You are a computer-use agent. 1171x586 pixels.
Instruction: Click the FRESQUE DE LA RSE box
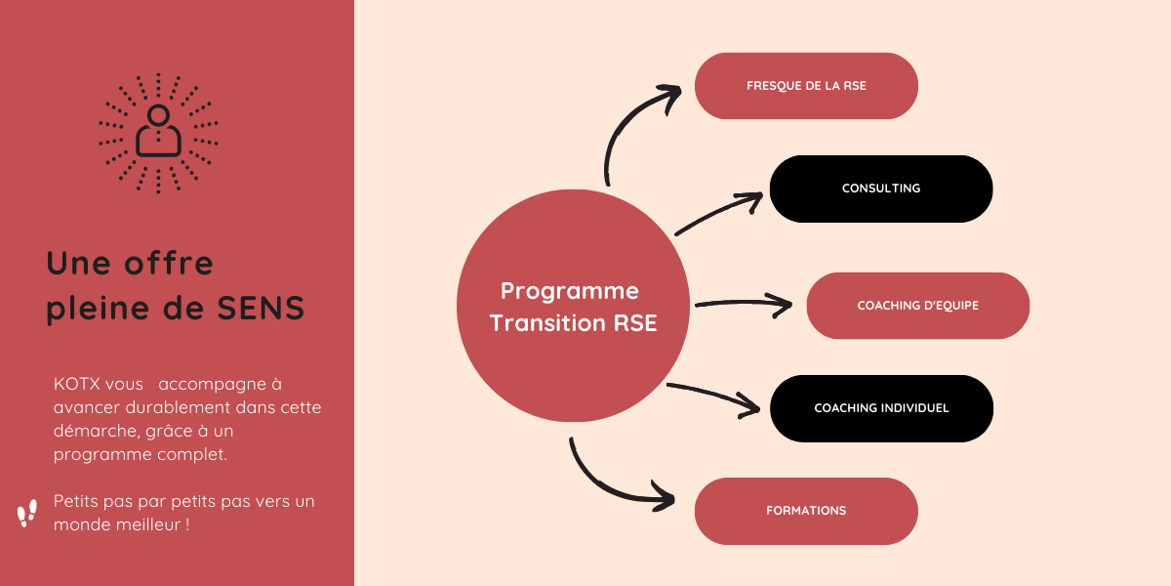coord(806,86)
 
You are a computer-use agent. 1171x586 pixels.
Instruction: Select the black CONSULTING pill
coord(881,188)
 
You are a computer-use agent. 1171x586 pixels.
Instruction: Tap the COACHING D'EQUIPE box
coord(918,306)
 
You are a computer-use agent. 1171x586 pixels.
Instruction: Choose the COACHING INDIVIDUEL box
coord(881,408)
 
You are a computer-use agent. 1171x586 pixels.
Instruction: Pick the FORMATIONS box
coord(806,511)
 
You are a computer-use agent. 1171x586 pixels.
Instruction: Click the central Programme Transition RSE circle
coord(574,306)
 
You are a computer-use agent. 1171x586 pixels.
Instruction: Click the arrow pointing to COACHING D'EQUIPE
coord(744,303)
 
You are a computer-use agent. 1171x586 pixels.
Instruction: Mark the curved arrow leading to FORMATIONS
coord(606,487)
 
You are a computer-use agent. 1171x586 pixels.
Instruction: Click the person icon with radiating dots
coord(158,134)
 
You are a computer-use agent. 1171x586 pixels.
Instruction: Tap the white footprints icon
coord(27,513)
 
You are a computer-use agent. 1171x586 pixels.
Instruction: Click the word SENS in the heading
coord(261,308)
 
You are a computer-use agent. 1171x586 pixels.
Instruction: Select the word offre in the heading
coord(169,263)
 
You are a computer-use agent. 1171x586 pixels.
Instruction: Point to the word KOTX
coord(76,384)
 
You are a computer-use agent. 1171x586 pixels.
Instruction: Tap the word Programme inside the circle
coord(570,292)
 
